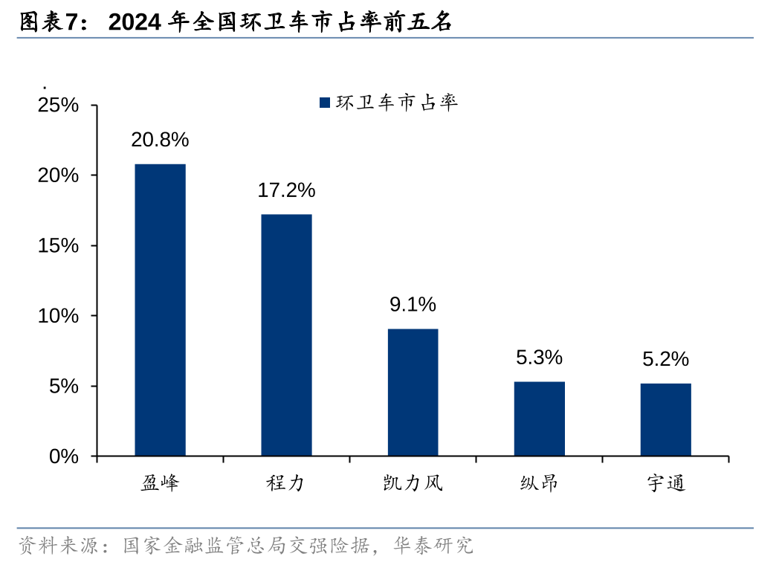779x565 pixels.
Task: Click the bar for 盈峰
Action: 160,310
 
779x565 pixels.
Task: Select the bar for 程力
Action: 286,335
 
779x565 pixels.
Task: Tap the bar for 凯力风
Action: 413,393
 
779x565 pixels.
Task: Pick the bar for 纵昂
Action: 539,419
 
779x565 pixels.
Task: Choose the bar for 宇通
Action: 665,419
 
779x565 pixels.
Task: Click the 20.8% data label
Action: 160,139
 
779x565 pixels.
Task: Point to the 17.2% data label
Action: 286,190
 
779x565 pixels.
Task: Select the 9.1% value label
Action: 413,304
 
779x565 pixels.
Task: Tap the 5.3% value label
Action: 539,358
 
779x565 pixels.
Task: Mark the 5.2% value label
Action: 665,359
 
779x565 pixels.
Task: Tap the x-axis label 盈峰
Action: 160,483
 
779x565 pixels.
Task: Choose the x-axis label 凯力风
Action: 413,483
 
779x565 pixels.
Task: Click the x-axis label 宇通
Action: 665,483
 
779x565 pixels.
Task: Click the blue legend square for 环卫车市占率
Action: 324,103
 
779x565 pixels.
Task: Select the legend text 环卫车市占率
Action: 397,103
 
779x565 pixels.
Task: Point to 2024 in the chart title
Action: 135,22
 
